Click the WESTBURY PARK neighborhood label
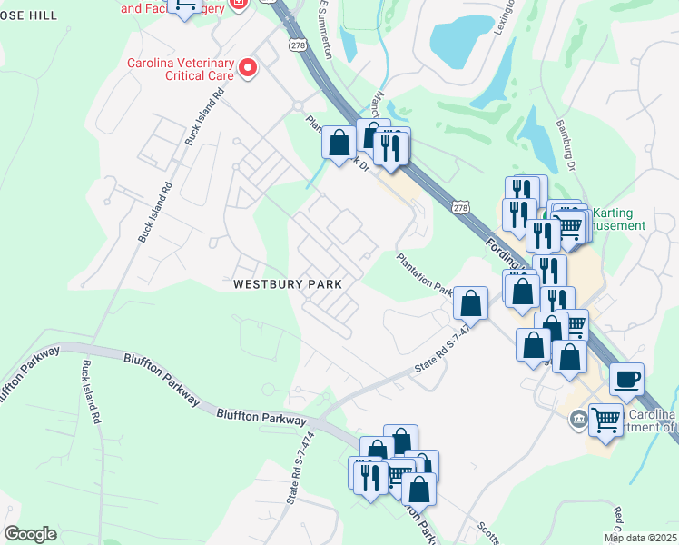(x=288, y=283)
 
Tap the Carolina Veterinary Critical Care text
(x=180, y=68)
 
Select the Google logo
(x=30, y=534)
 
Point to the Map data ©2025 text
(x=641, y=538)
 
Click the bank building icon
(x=577, y=419)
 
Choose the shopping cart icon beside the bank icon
(x=605, y=419)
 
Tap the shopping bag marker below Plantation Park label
(x=471, y=302)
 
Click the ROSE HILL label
(x=29, y=15)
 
